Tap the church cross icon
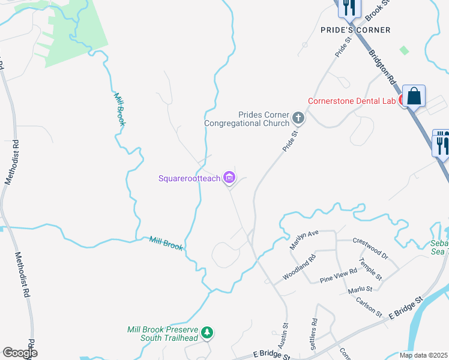coord(298,118)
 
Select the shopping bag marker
coord(414,96)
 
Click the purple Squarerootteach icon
coord(229,178)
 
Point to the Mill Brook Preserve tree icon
coord(207,332)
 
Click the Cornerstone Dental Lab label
coord(352,101)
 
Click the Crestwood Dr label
coord(370,248)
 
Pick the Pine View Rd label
coord(339,275)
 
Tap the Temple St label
coord(371,269)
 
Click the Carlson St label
coord(369,306)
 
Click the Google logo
coord(20,353)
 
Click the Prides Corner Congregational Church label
coord(247,119)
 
